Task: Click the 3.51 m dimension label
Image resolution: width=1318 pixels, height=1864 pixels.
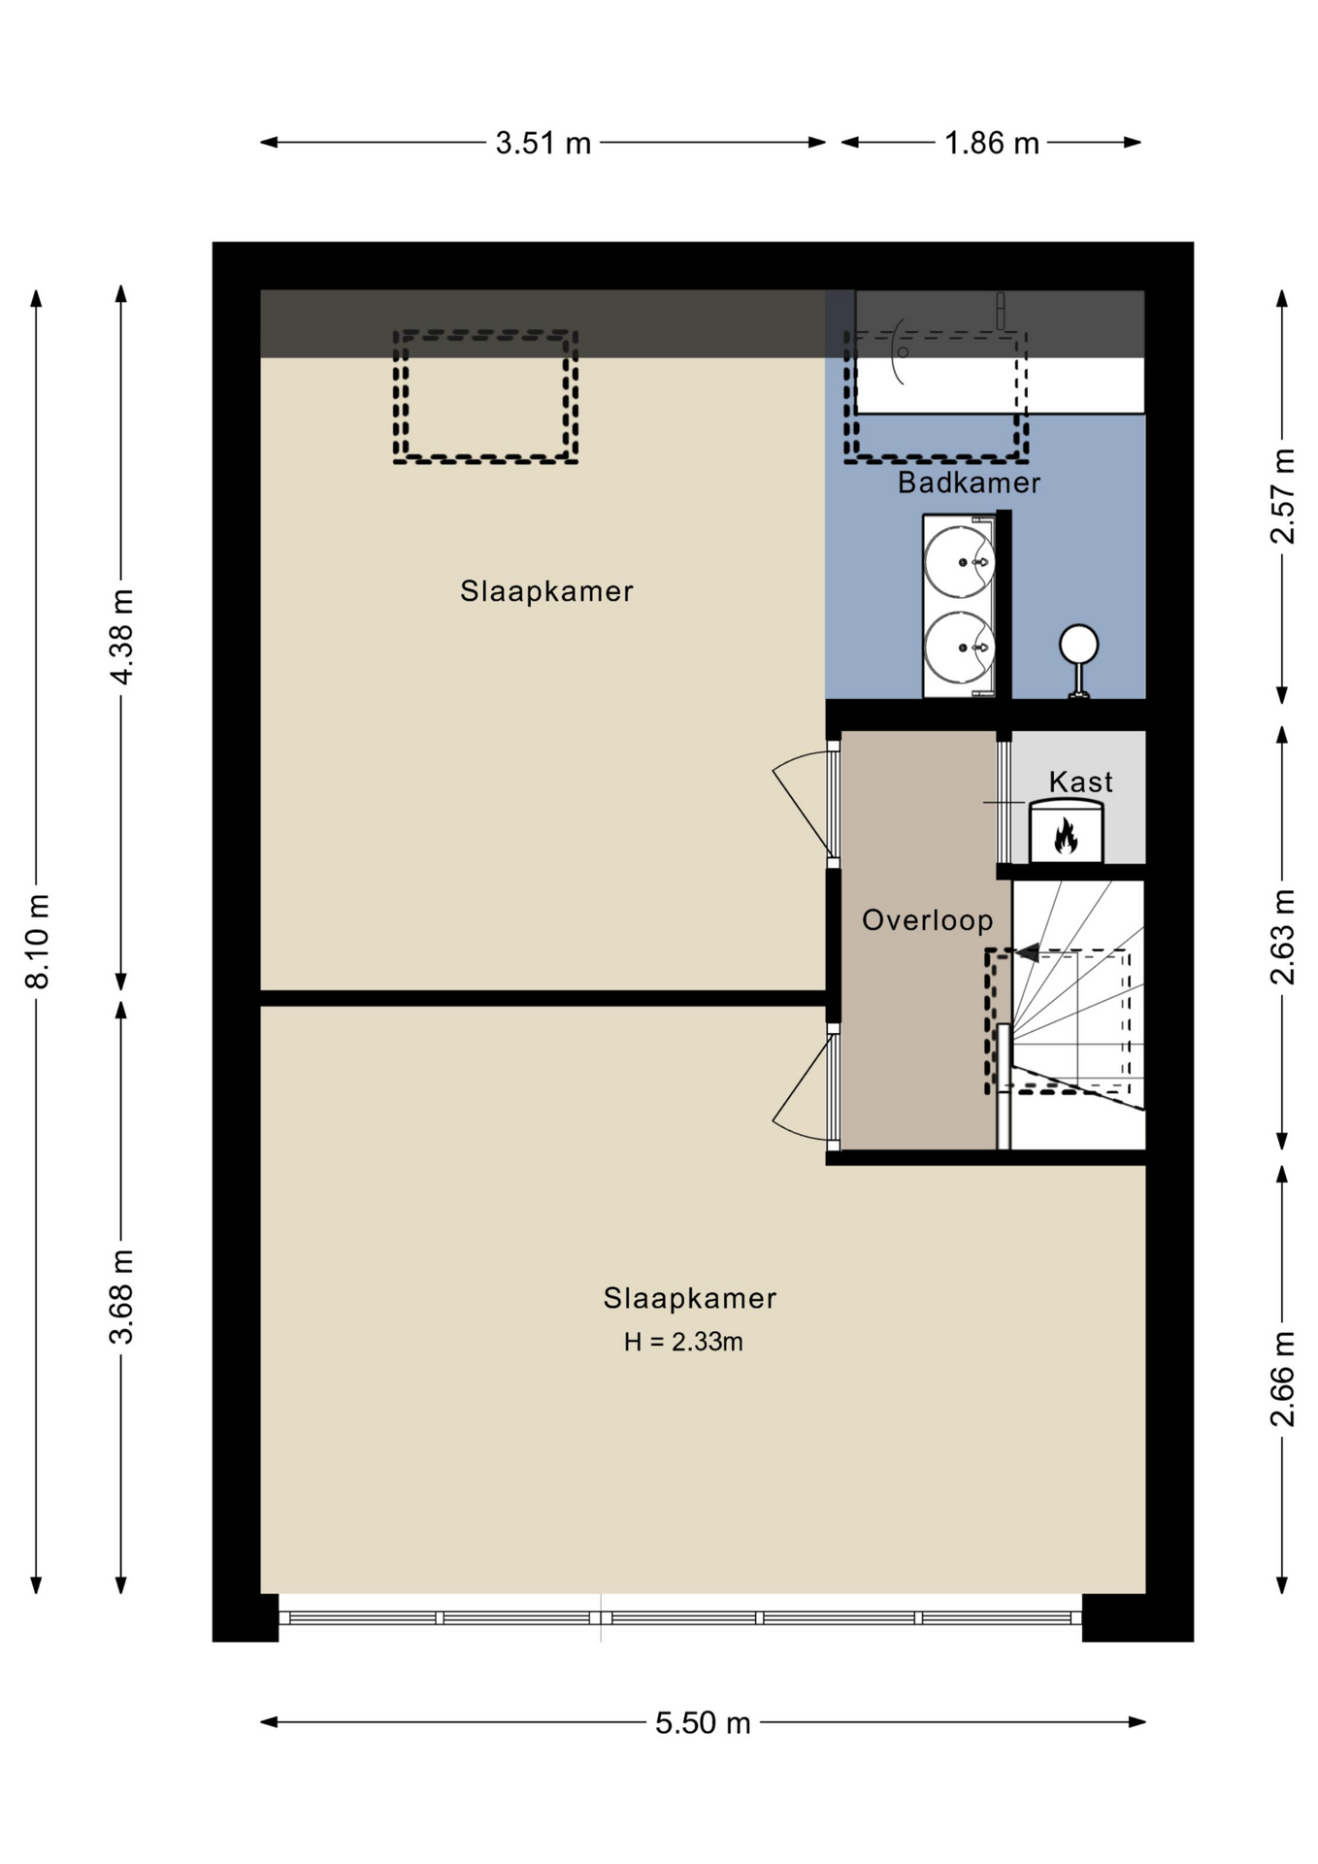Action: [543, 143]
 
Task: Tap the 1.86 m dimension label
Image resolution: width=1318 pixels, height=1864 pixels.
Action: [991, 143]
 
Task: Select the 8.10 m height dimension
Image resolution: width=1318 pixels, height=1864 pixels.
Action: [37, 940]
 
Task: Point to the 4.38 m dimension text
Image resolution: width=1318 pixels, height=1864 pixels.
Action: [121, 636]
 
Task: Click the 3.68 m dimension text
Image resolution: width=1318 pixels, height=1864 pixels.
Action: [121, 1297]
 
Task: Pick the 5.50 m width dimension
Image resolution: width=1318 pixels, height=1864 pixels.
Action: [703, 1722]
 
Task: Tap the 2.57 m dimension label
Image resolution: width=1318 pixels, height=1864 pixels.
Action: [1282, 496]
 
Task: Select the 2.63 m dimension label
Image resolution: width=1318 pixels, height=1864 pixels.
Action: [1282, 937]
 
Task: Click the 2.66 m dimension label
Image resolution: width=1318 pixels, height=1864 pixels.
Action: [1282, 1379]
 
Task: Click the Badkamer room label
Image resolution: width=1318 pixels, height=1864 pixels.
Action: [969, 483]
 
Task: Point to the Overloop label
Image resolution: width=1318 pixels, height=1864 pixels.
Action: [928, 920]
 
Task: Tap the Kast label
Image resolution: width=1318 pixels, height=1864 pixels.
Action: [1080, 782]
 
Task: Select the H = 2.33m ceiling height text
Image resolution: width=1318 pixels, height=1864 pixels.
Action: [683, 1342]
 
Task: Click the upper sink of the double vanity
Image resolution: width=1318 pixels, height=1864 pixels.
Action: [959, 561]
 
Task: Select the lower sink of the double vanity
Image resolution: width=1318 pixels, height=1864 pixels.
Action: [959, 647]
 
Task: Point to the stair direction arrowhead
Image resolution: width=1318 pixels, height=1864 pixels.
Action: [1027, 953]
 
